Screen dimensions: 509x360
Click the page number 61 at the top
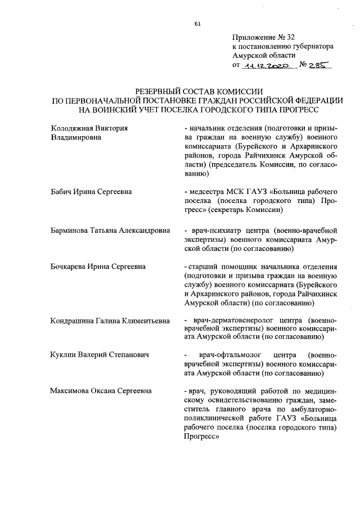point(197,24)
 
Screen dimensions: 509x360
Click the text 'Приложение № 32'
point(259,38)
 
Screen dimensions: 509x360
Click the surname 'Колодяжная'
point(70,128)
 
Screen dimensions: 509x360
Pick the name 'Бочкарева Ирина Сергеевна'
point(98,266)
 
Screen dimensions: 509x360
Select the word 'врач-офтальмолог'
point(230,355)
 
